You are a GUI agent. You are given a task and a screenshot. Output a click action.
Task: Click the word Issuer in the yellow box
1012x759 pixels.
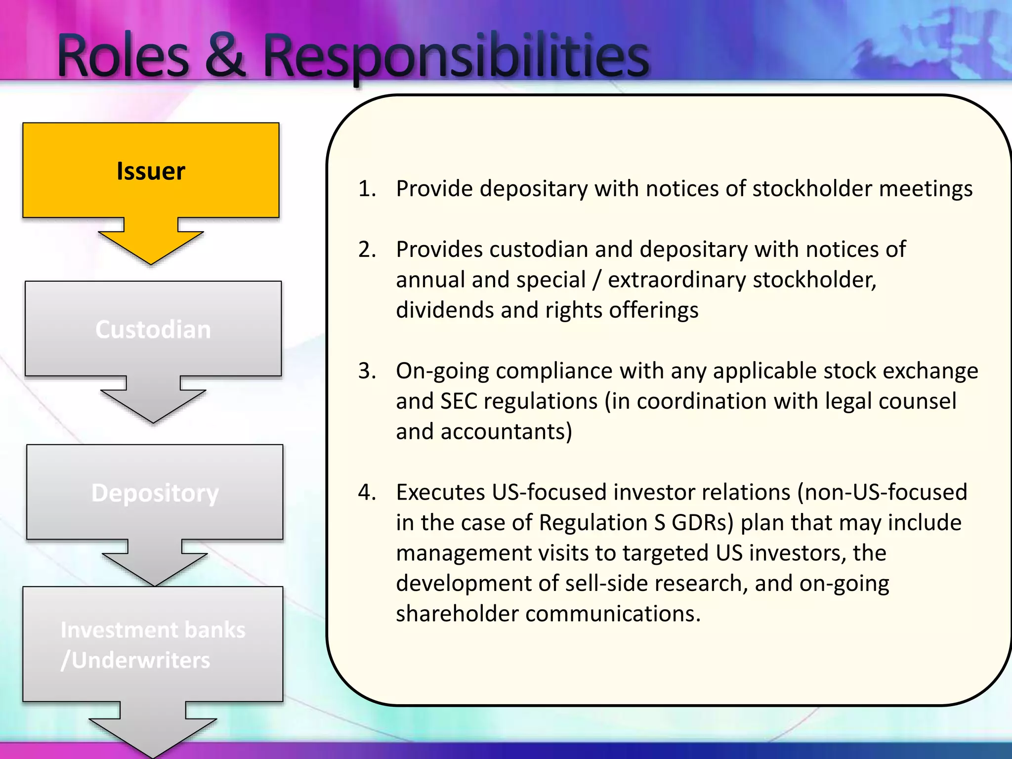151,171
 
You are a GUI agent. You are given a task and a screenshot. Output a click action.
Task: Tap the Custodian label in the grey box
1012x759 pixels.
153,330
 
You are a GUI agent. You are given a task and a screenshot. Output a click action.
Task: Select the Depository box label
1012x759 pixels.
155,493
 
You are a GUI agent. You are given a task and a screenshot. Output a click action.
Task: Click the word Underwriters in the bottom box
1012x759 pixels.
140,660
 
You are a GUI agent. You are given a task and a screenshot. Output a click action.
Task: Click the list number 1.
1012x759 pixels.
367,189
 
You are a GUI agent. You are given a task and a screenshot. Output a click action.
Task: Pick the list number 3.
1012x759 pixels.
367,371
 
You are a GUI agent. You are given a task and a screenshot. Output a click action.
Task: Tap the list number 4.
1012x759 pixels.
367,493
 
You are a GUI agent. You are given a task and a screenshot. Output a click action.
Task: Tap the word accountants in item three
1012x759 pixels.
506,432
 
